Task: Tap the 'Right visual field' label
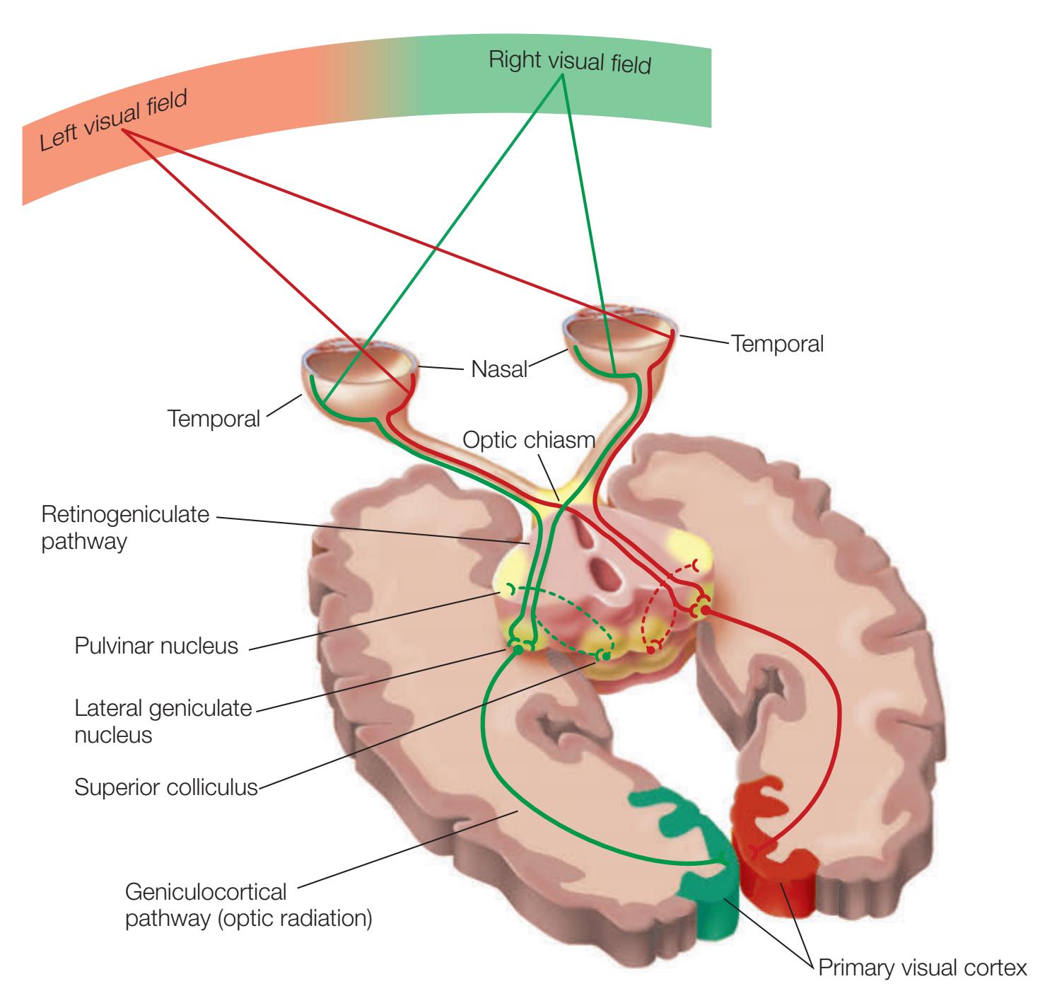(x=569, y=62)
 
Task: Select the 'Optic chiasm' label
(x=529, y=441)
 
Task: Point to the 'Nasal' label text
(x=500, y=369)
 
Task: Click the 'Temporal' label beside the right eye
(x=778, y=344)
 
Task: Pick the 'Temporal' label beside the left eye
(x=214, y=419)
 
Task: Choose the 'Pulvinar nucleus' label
(x=156, y=646)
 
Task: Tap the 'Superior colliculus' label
(x=166, y=787)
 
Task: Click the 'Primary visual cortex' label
(x=922, y=968)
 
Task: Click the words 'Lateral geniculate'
(x=163, y=707)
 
